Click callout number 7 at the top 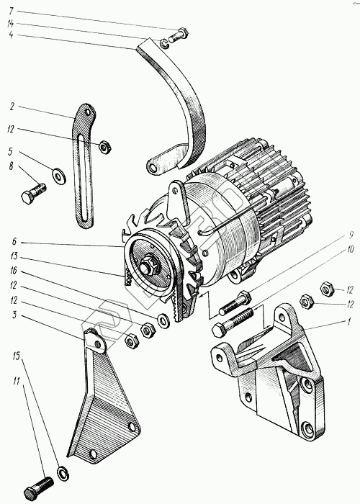click(12, 12)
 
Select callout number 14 click(11, 24)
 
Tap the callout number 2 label click(12, 107)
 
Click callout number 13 click(14, 256)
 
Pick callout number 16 click(13, 271)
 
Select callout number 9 click(351, 235)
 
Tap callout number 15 click(17, 356)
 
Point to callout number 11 click(16, 382)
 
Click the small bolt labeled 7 click(178, 35)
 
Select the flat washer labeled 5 click(59, 176)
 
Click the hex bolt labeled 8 click(33, 192)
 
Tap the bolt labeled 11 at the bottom click(39, 487)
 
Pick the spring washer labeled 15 click(63, 474)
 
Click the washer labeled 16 click(163, 320)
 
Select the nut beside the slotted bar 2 click(105, 147)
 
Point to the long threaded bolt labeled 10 click(233, 322)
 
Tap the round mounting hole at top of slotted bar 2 click(87, 112)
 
